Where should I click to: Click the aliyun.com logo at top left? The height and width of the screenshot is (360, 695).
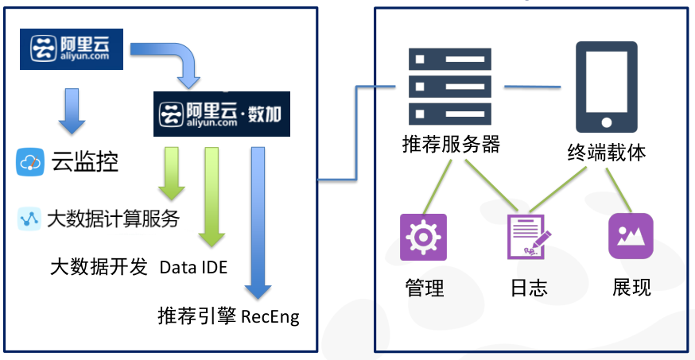point(72,49)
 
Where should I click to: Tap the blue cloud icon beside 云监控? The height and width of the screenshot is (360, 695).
point(30,162)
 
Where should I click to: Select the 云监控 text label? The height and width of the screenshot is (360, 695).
point(85,162)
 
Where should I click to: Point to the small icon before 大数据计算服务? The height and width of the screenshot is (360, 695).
point(29,218)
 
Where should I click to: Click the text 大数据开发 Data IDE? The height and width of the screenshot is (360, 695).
point(138,267)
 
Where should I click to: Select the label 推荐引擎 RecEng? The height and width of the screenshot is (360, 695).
point(229,316)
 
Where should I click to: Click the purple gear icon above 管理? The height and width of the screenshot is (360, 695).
point(423,237)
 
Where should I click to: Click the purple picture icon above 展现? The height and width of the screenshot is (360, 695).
point(631,237)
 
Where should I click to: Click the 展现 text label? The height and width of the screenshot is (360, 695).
point(631,287)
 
